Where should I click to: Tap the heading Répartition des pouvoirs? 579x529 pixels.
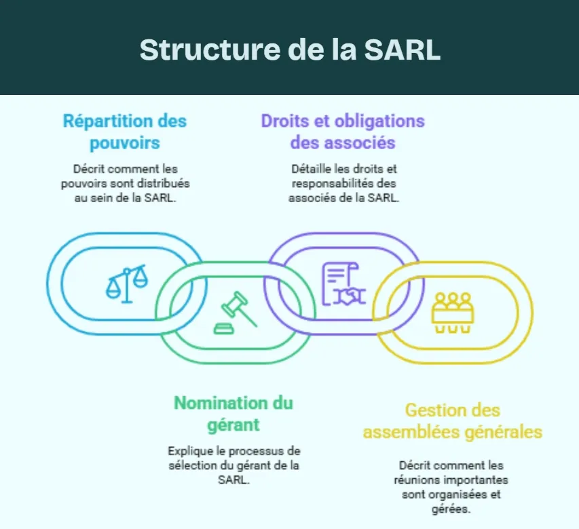pos(125,132)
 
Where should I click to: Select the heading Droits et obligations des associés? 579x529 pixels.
pos(343,132)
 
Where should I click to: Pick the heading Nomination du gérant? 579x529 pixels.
pos(234,414)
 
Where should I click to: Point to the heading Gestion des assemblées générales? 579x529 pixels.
pos(452,420)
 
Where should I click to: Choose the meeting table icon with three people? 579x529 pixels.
pos(451,311)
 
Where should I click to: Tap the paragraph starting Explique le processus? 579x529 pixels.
pos(234,465)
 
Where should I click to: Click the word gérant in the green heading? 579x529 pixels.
pos(234,425)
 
